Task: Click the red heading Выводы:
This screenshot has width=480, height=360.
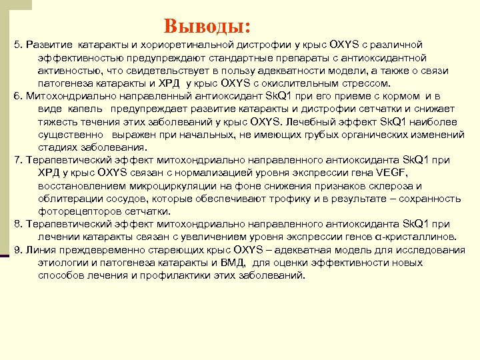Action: point(207,26)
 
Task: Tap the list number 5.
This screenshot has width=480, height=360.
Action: point(17,45)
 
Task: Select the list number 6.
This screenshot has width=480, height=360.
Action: point(17,96)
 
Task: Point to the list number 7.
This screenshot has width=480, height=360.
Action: point(17,160)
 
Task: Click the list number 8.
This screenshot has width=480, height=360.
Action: point(17,225)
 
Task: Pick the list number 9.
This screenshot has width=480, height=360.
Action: point(17,250)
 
